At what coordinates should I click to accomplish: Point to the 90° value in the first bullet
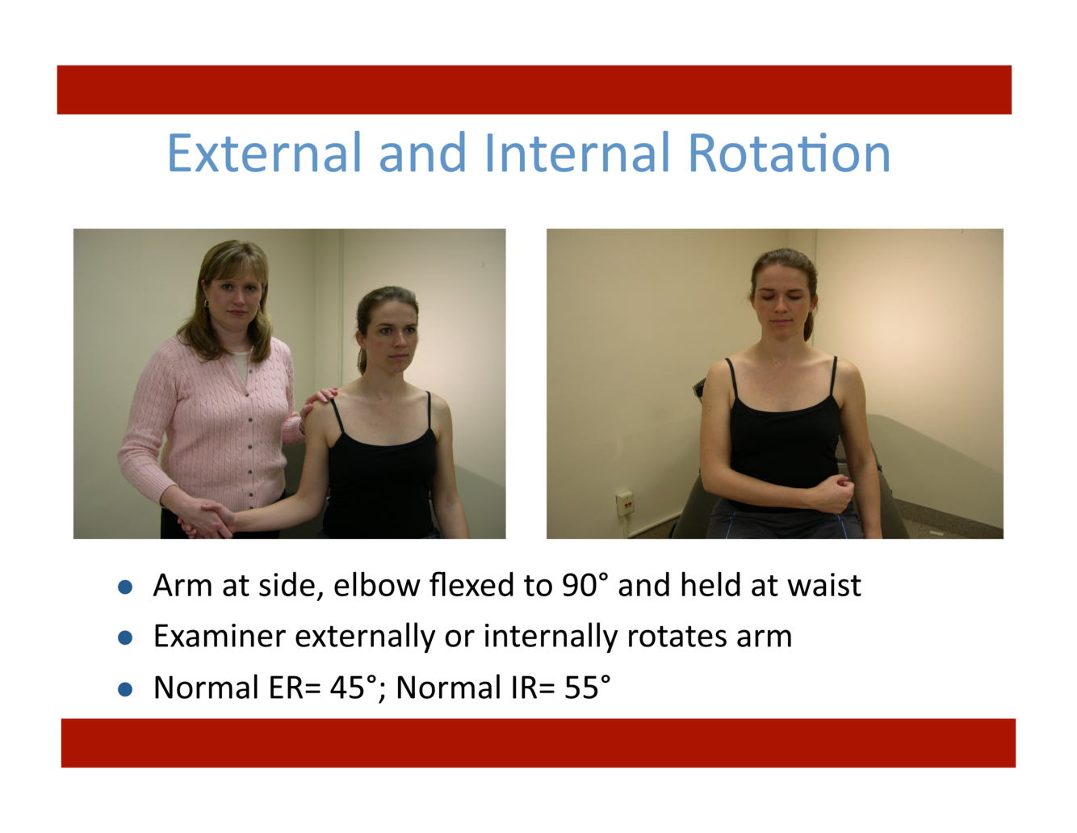coord(585,585)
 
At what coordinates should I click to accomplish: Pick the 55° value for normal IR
coord(587,688)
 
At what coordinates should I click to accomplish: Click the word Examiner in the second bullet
coord(220,636)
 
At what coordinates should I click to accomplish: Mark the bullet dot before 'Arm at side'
coord(125,587)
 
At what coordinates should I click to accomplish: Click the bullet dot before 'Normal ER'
coord(125,689)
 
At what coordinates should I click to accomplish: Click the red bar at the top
coord(534,90)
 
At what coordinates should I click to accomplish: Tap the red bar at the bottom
coord(538,743)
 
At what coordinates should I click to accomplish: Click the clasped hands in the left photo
coord(207,520)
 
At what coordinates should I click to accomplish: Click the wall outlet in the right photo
coord(625,503)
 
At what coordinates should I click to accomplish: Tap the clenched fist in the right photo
coord(834,492)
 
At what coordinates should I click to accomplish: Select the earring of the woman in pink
coord(206,303)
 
